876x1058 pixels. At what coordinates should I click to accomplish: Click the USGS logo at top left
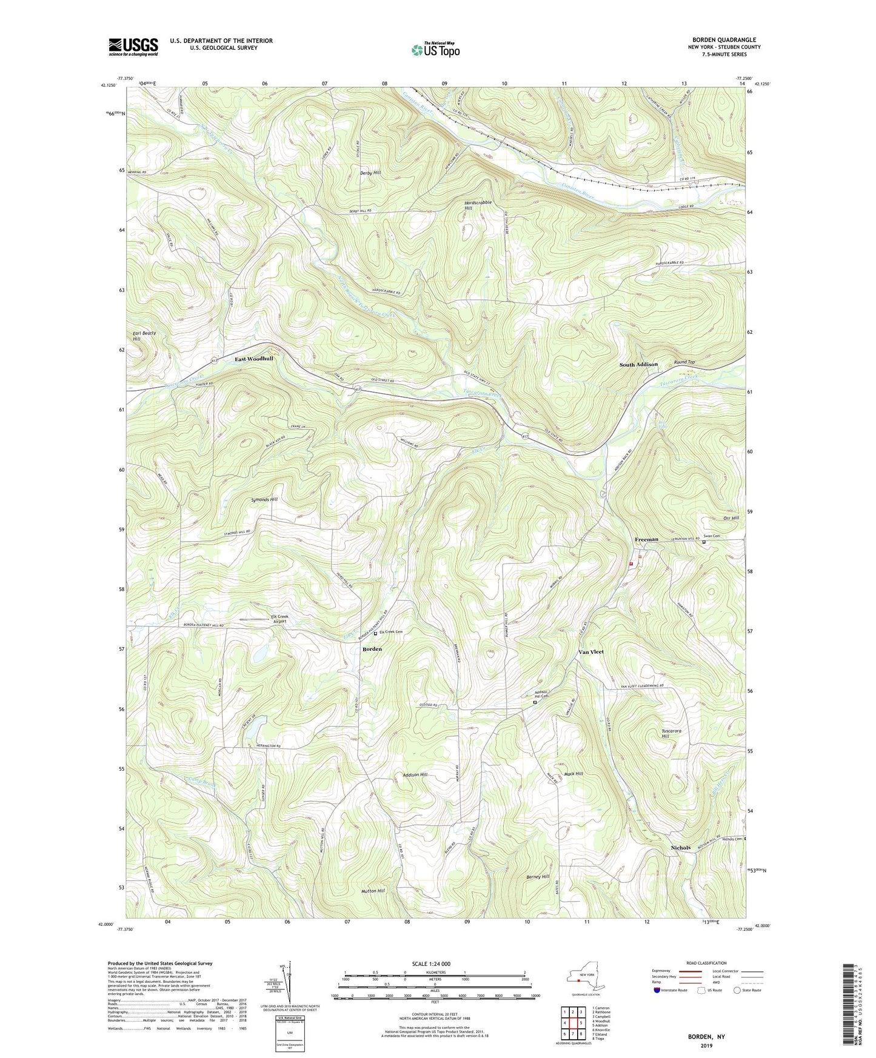(x=133, y=47)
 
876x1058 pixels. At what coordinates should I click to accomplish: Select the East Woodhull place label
(x=254, y=359)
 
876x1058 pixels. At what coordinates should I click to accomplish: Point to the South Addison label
(x=638, y=364)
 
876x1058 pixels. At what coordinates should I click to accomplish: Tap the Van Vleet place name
(x=591, y=652)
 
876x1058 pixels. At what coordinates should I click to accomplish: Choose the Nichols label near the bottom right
(x=680, y=848)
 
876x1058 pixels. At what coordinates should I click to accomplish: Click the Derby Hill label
(x=370, y=173)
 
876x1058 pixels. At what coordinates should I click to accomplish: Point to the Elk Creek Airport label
(x=279, y=619)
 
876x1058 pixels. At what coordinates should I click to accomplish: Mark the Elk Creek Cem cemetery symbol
(x=375, y=633)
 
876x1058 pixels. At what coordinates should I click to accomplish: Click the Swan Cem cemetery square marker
(x=704, y=542)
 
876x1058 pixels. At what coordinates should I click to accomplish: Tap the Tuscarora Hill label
(x=671, y=733)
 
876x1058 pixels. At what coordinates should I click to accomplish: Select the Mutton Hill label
(x=373, y=891)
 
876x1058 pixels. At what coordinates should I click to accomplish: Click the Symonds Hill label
(x=264, y=499)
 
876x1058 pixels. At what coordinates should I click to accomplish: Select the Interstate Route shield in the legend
(x=657, y=990)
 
